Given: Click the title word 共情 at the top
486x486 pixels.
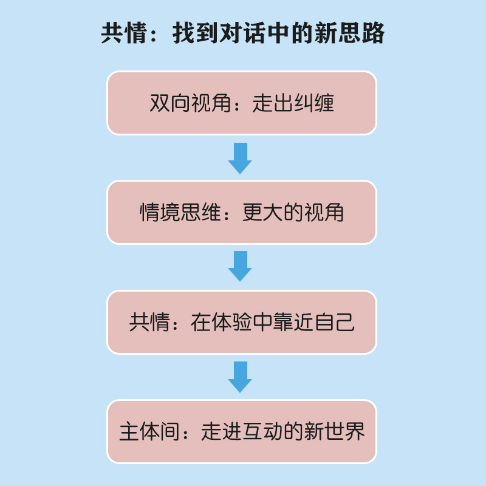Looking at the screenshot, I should (119, 33).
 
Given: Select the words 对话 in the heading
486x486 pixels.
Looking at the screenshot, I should (243, 33).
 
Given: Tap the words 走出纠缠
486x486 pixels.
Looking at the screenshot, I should (293, 103).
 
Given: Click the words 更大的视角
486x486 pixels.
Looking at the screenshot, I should (293, 213).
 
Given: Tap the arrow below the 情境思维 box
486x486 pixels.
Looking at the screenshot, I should (240, 267).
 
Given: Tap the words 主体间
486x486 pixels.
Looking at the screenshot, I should (149, 432).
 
